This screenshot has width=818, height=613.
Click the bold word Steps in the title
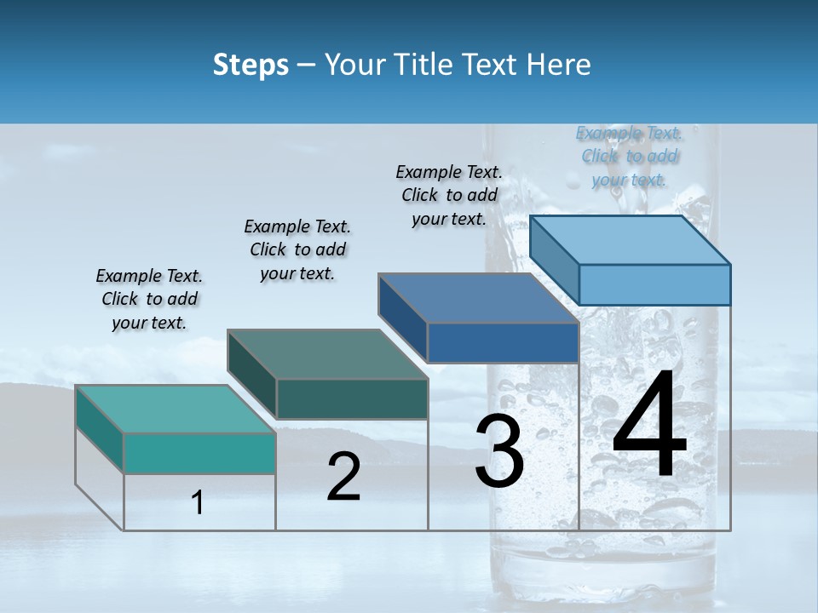(x=251, y=65)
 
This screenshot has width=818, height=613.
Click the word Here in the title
(x=557, y=65)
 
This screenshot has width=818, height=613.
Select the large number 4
(x=649, y=426)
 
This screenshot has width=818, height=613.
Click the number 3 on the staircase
(x=499, y=453)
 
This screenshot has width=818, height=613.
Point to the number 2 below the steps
(x=343, y=477)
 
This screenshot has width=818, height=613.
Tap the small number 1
(x=198, y=503)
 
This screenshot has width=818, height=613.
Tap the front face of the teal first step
(x=199, y=453)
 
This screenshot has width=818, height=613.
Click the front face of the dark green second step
(x=351, y=398)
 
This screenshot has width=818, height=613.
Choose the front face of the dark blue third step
(x=503, y=342)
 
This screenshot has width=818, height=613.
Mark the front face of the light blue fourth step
(x=654, y=284)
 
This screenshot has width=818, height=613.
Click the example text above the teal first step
(x=149, y=299)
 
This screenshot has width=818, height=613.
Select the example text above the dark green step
(x=297, y=249)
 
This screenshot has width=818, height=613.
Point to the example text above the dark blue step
(x=449, y=195)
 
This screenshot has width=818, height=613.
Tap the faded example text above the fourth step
(x=629, y=156)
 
